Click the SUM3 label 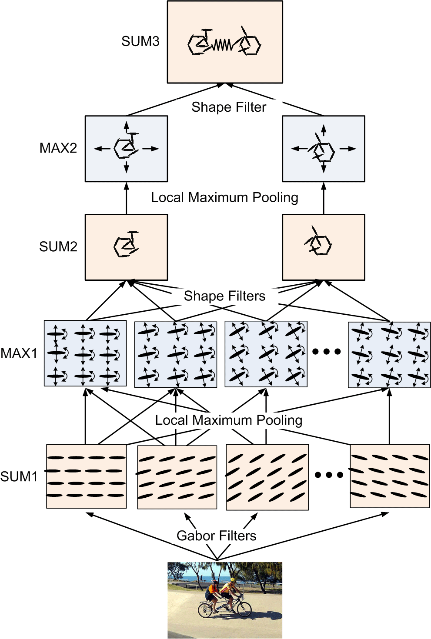[x=140, y=41]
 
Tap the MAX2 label [x=58, y=148]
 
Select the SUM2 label [x=58, y=246]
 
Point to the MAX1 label [x=19, y=353]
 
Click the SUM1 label [x=19, y=476]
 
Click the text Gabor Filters [x=216, y=536]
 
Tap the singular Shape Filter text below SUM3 [x=229, y=107]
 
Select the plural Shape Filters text [x=224, y=296]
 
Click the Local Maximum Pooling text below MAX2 [x=224, y=197]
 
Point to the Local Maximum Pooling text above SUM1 [x=228, y=420]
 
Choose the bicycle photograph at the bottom [x=225, y=600]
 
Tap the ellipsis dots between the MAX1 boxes [x=327, y=352]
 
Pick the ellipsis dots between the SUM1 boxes [x=329, y=475]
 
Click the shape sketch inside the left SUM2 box [x=126, y=245]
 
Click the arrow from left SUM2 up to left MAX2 [x=127, y=198]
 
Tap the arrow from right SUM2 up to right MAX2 [x=324, y=198]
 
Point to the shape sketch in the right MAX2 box [x=322, y=149]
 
